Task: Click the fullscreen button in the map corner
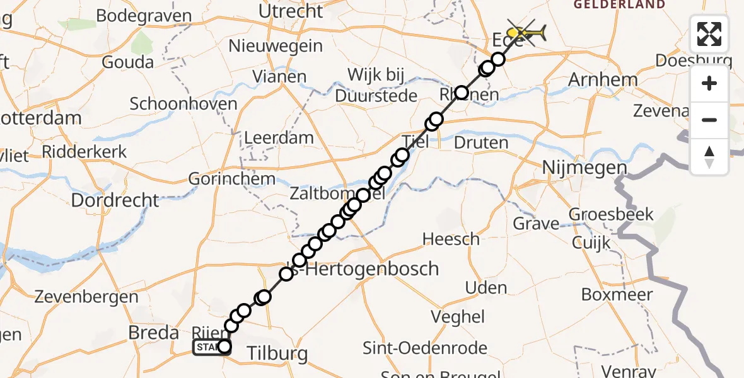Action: [x=709, y=34]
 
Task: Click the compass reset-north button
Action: [x=709, y=157]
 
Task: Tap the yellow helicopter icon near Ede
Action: [x=525, y=31]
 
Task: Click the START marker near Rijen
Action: [x=208, y=347]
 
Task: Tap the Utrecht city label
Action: [x=291, y=11]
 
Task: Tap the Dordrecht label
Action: [x=115, y=200]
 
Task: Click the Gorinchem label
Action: [x=232, y=179]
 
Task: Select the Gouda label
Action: [x=127, y=62]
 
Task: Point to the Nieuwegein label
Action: [x=276, y=46]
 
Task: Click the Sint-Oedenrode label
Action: [x=425, y=348]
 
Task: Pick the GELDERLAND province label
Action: [x=619, y=4]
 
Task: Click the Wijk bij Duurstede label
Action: [x=376, y=86]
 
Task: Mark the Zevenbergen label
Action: [x=86, y=296]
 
